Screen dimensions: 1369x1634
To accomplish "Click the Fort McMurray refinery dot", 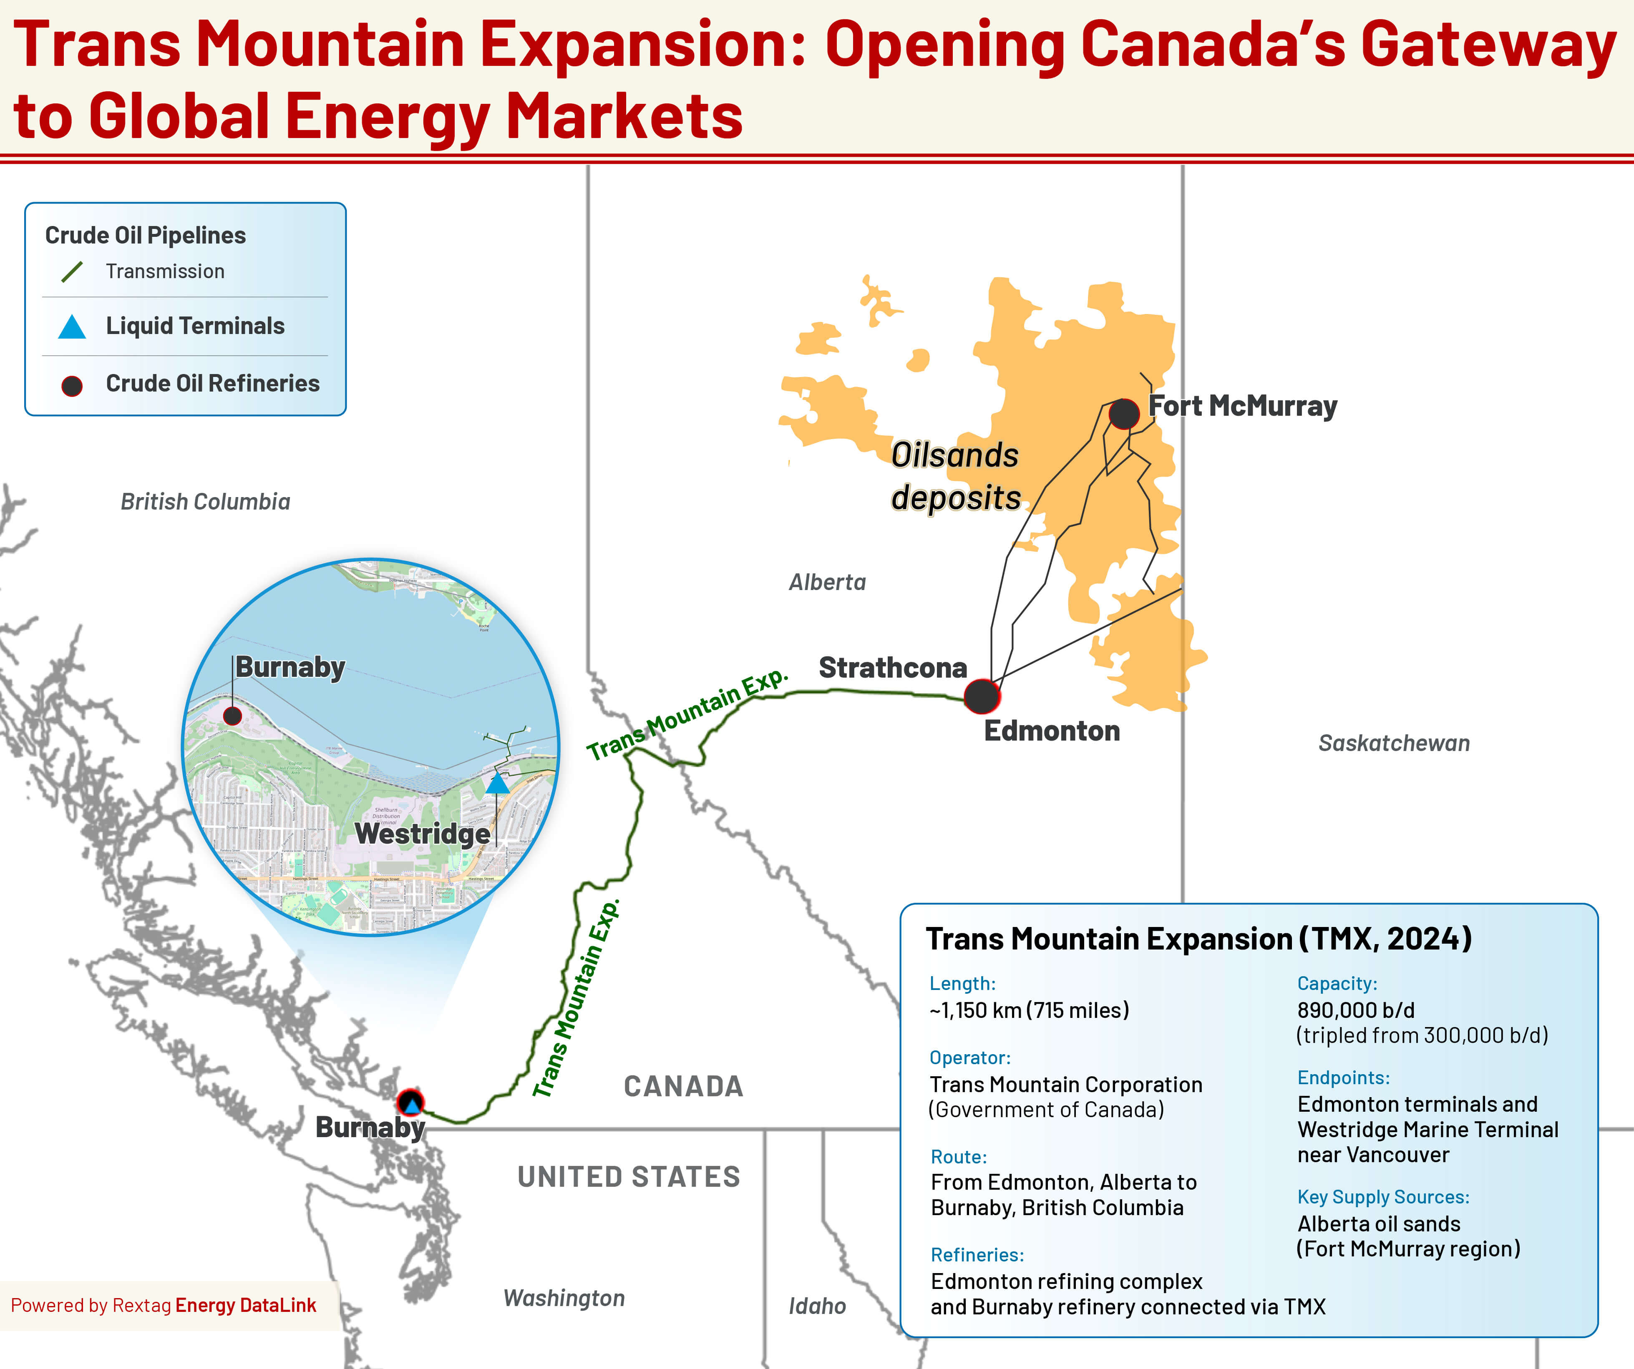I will (x=1123, y=414).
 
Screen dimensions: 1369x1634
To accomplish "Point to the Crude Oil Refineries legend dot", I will (x=72, y=385).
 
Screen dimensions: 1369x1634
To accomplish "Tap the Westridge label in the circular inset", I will (x=423, y=834).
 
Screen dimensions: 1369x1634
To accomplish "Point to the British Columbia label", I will (x=205, y=502).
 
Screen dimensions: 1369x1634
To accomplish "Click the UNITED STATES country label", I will (x=629, y=1177).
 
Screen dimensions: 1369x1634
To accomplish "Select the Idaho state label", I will (x=817, y=1306).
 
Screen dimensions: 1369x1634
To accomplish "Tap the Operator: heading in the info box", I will (x=969, y=1058).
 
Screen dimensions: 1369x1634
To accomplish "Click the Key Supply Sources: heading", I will (x=1383, y=1197).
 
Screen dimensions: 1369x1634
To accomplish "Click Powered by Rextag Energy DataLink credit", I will (x=164, y=1305).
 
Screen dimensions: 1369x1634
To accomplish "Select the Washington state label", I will (x=564, y=1298).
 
